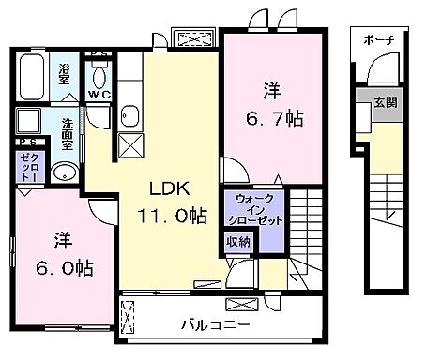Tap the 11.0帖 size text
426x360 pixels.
pyautogui.click(x=175, y=216)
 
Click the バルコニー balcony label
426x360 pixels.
pyautogui.click(x=216, y=325)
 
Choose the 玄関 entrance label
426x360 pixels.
pyautogui.click(x=386, y=102)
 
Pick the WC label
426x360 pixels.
pyautogui.click(x=99, y=94)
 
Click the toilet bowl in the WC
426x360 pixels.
pyautogui.click(x=100, y=73)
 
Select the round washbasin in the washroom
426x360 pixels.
pyautogui.click(x=65, y=173)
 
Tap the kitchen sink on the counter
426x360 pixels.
pyautogui.click(x=130, y=116)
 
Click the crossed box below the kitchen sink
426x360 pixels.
pyautogui.click(x=129, y=145)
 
